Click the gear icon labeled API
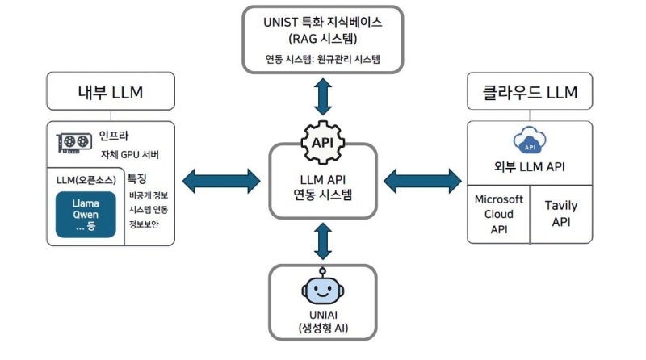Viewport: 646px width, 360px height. click(322, 142)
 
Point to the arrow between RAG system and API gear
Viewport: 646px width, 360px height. click(322, 96)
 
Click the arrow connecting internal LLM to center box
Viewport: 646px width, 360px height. click(222, 179)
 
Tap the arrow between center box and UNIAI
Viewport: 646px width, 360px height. click(322, 240)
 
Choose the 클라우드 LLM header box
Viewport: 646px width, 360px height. click(529, 92)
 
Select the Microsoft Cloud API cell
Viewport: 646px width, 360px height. click(498, 213)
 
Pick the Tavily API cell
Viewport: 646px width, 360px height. click(560, 212)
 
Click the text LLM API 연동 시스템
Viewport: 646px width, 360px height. click(322, 187)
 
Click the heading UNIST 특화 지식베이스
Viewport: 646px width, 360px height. click(322, 23)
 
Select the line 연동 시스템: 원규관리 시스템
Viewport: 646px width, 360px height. click(322, 59)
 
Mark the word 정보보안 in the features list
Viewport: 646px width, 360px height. click(143, 224)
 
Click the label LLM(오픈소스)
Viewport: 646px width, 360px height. click(84, 178)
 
